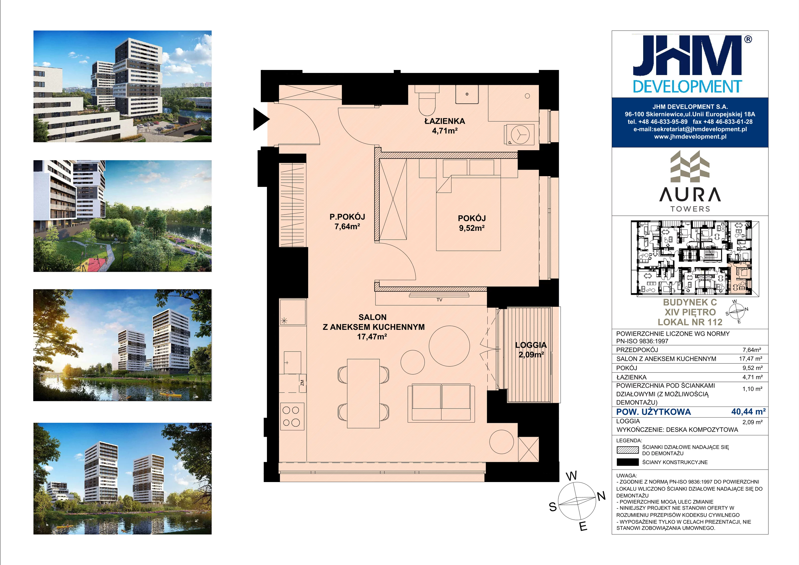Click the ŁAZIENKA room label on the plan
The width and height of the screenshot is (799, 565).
point(444,121)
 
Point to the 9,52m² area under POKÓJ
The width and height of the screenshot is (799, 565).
point(472,228)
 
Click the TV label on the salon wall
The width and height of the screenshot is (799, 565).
point(439,300)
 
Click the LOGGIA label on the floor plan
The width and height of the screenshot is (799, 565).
point(531,345)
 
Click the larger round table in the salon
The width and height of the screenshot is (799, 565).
point(449,346)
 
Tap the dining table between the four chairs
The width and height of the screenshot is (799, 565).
point(363,393)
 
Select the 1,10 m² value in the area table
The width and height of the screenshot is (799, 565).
point(752,389)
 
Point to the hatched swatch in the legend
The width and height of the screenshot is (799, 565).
point(627,450)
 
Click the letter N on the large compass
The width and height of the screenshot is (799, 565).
point(601,496)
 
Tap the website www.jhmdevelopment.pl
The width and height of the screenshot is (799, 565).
point(690,136)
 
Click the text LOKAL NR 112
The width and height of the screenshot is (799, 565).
point(690,322)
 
